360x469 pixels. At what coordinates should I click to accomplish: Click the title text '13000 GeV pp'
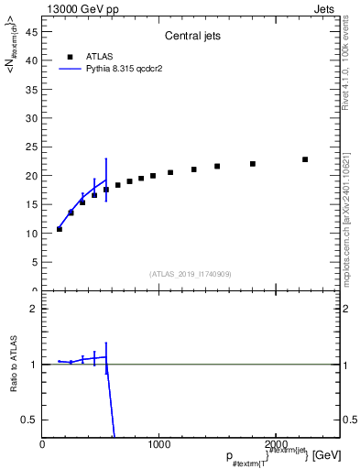(x=75, y=7)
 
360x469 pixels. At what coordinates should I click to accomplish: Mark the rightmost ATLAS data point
(x=305, y=159)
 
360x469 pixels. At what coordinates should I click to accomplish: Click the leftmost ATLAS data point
(x=60, y=229)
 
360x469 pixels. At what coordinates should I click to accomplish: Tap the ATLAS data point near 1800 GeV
(x=253, y=164)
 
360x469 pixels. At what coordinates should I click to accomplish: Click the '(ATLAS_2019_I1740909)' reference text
(x=190, y=274)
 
